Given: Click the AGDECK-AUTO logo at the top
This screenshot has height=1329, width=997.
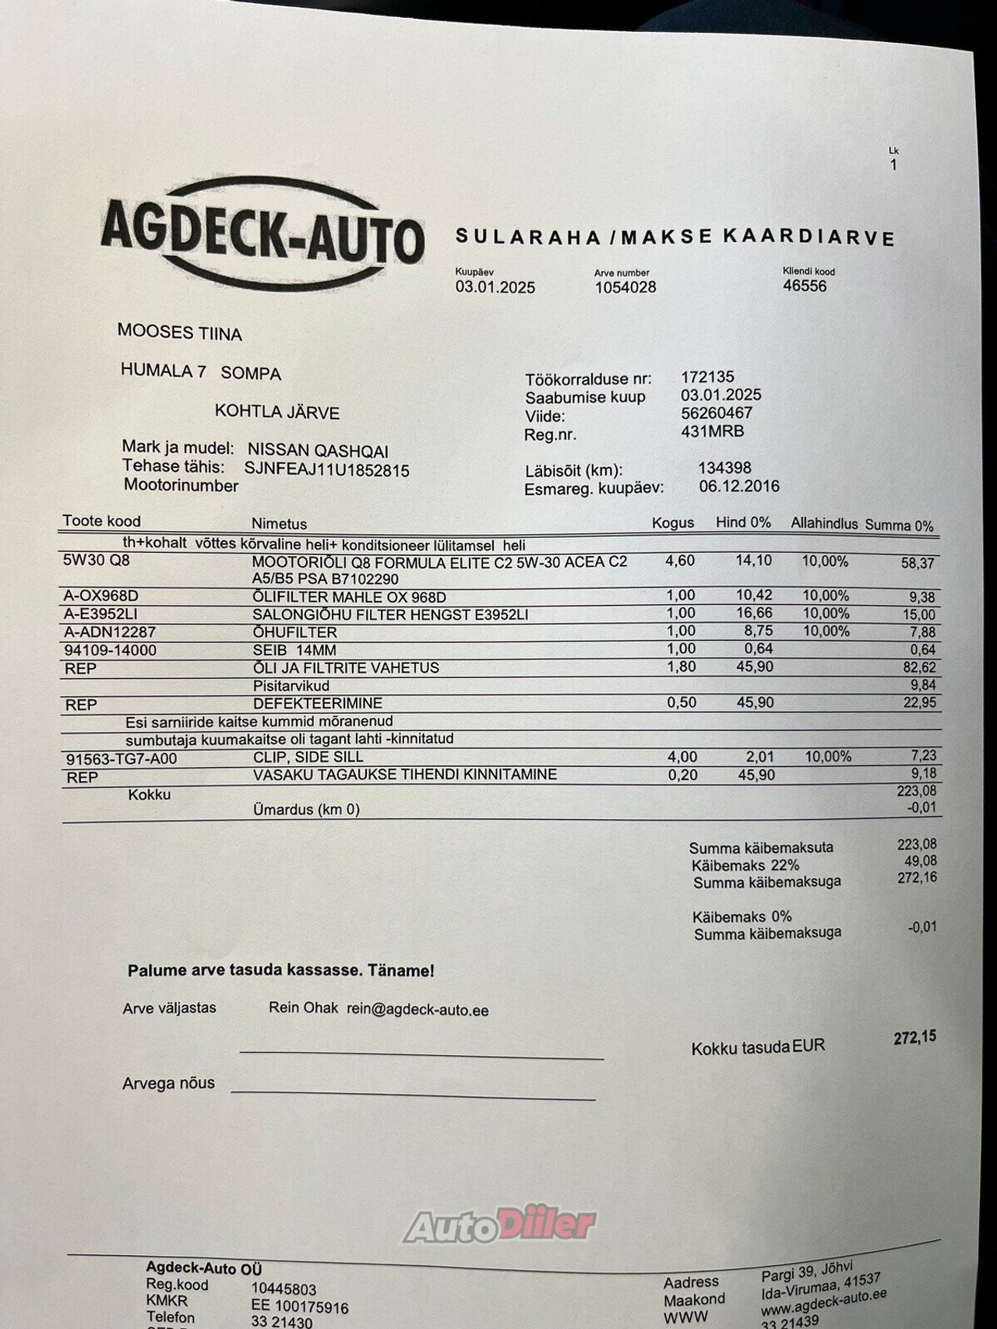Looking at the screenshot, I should pyautogui.click(x=262, y=231).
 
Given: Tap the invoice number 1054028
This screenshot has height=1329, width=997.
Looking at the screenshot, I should pyautogui.click(x=625, y=287).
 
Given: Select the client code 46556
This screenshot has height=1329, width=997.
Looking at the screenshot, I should pyautogui.click(x=805, y=286).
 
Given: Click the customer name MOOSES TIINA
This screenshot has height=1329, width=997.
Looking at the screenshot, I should pyautogui.click(x=179, y=332).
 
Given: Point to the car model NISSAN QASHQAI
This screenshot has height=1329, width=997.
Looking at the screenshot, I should pyautogui.click(x=318, y=451).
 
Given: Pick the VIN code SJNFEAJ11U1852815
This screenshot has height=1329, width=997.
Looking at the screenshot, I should pyautogui.click(x=326, y=470).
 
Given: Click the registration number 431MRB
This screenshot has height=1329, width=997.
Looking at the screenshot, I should pyautogui.click(x=712, y=431).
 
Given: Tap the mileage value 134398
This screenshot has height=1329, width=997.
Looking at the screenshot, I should pyautogui.click(x=724, y=468).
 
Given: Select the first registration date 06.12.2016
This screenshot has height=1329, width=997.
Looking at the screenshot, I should pyautogui.click(x=739, y=487).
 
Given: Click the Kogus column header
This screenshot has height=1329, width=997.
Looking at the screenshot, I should pyautogui.click(x=673, y=522).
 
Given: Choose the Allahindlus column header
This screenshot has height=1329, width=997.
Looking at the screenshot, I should pyautogui.click(x=824, y=523).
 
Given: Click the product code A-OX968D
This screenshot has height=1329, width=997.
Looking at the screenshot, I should pyautogui.click(x=101, y=596).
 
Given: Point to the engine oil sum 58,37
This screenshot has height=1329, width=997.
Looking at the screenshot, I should pyautogui.click(x=918, y=563).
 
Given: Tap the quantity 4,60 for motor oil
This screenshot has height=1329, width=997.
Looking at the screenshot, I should pyautogui.click(x=680, y=561).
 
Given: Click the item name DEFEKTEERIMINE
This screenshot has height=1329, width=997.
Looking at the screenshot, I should pyautogui.click(x=318, y=703).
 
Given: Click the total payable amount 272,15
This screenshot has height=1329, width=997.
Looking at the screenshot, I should pyautogui.click(x=914, y=1038).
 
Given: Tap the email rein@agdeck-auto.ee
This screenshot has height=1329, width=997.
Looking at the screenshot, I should pyautogui.click(x=417, y=1010).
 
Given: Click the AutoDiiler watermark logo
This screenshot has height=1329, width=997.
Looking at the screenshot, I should pyautogui.click(x=499, y=1225).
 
